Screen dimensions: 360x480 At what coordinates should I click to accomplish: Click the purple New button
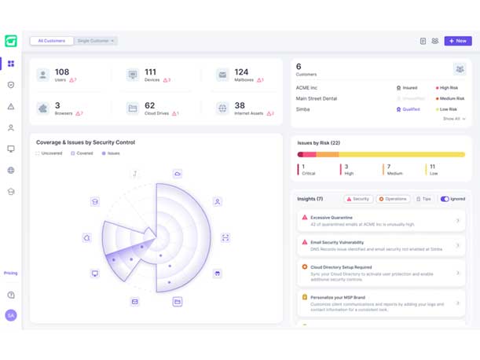pyautogui.click(x=458, y=41)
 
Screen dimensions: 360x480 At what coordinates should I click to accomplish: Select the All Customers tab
pyautogui.click(x=52, y=41)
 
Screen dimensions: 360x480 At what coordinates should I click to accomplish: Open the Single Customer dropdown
pyautogui.click(x=96, y=41)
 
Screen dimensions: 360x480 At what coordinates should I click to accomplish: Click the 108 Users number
pyautogui.click(x=62, y=72)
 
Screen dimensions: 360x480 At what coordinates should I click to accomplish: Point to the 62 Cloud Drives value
pyautogui.click(x=149, y=105)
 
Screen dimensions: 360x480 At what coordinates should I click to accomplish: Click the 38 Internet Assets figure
pyautogui.click(x=240, y=105)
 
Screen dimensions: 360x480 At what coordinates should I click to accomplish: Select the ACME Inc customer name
pyautogui.click(x=306, y=88)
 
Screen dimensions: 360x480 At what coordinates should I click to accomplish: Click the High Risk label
pyautogui.click(x=449, y=88)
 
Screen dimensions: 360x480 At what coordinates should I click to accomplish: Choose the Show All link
pyautogui.click(x=453, y=119)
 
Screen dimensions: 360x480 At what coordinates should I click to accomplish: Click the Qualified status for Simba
pyautogui.click(x=411, y=109)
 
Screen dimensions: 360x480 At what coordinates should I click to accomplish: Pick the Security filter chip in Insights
pyautogui.click(x=358, y=199)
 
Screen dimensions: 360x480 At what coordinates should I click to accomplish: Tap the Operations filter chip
pyautogui.click(x=393, y=199)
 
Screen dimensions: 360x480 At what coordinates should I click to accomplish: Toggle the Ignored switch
pyautogui.click(x=445, y=199)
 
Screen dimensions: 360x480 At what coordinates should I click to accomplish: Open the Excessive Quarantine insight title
pyautogui.click(x=332, y=218)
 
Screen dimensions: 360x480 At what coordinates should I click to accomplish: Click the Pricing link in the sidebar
pyautogui.click(x=11, y=274)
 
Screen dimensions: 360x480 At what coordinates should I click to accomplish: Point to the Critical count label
pyautogui.click(x=310, y=173)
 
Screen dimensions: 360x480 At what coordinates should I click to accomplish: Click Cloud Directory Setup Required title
pyautogui.click(x=341, y=267)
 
